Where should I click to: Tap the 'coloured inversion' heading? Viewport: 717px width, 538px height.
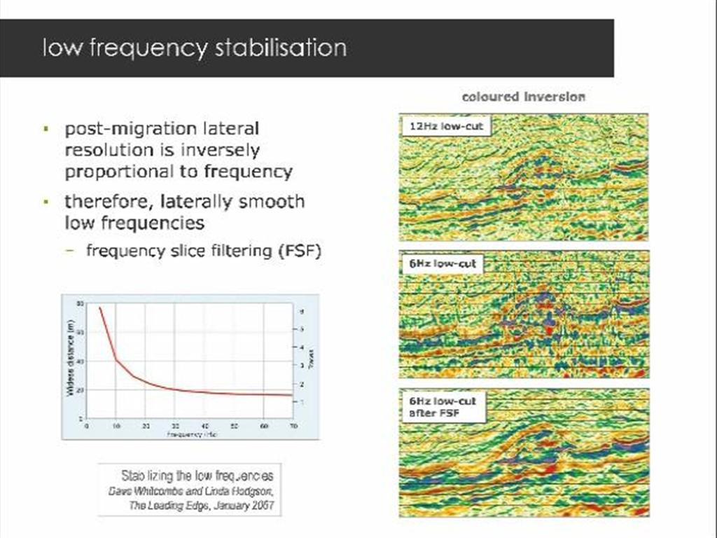[x=523, y=97]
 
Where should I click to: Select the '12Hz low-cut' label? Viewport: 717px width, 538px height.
[x=447, y=126]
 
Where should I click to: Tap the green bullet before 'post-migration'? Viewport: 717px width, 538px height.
[x=45, y=130]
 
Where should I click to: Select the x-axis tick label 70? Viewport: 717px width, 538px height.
[x=293, y=425]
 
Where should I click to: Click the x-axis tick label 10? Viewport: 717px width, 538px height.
[x=116, y=425]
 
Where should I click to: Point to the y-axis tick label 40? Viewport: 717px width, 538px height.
[x=80, y=361]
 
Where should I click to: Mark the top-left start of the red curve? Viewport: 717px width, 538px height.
[x=99, y=308]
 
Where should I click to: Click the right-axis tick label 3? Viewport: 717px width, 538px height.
[x=302, y=366]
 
